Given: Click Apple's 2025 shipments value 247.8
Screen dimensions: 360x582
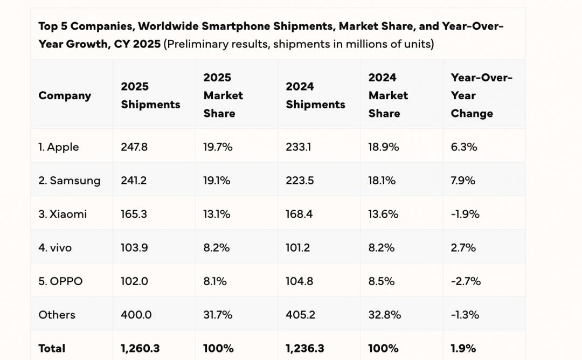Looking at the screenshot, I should pos(134,147).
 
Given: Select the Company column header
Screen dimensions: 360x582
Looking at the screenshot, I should pos(65,96).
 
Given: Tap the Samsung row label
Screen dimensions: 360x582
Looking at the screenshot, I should pos(69,181).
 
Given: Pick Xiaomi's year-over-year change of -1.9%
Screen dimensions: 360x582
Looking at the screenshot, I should pos(465,214).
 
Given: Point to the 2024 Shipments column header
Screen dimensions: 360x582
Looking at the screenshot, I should pos(315,95).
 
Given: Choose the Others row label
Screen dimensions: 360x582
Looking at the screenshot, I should pos(57,315).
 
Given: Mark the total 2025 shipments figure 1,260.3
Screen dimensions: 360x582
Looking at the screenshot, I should pos(140,349).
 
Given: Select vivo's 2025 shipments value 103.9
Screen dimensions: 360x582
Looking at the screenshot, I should pos(134,248).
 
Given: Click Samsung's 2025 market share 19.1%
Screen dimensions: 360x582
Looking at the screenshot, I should pos(217,181).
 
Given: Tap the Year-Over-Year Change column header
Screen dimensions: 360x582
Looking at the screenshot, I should pos(481,95).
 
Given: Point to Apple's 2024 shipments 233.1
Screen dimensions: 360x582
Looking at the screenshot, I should pos(298,147).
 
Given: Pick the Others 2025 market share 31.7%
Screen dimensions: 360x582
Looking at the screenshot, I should pos(218,315).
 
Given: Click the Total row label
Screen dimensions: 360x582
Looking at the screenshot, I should pos(52,349).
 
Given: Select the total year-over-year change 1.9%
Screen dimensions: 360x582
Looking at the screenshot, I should pos(463,349).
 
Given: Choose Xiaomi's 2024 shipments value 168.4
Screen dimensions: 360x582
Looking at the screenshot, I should pos(300,214).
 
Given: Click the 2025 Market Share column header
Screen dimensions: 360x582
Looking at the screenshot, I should pos(223,95).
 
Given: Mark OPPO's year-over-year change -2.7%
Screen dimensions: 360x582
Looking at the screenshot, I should pos(466,281).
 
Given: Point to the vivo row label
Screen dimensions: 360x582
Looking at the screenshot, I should pos(55,248).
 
